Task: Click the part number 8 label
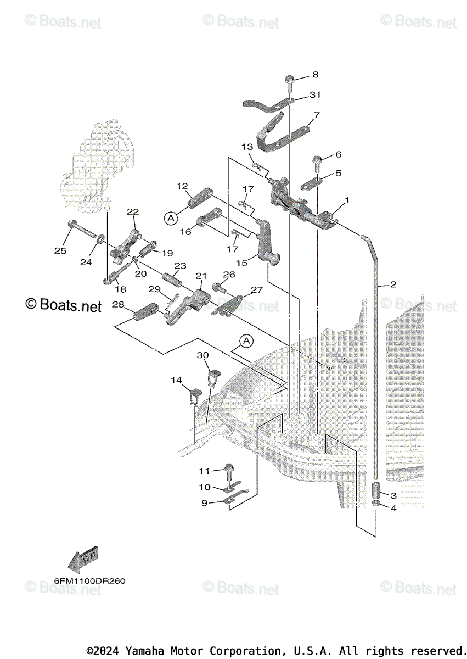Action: click(315, 74)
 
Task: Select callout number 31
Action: click(330, 94)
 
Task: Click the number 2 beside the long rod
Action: click(393, 284)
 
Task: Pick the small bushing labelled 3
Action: click(376, 488)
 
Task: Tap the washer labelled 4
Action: click(376, 504)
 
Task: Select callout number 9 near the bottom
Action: click(204, 502)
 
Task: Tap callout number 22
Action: click(133, 211)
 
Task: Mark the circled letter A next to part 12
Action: click(171, 218)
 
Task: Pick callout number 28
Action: click(119, 305)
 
